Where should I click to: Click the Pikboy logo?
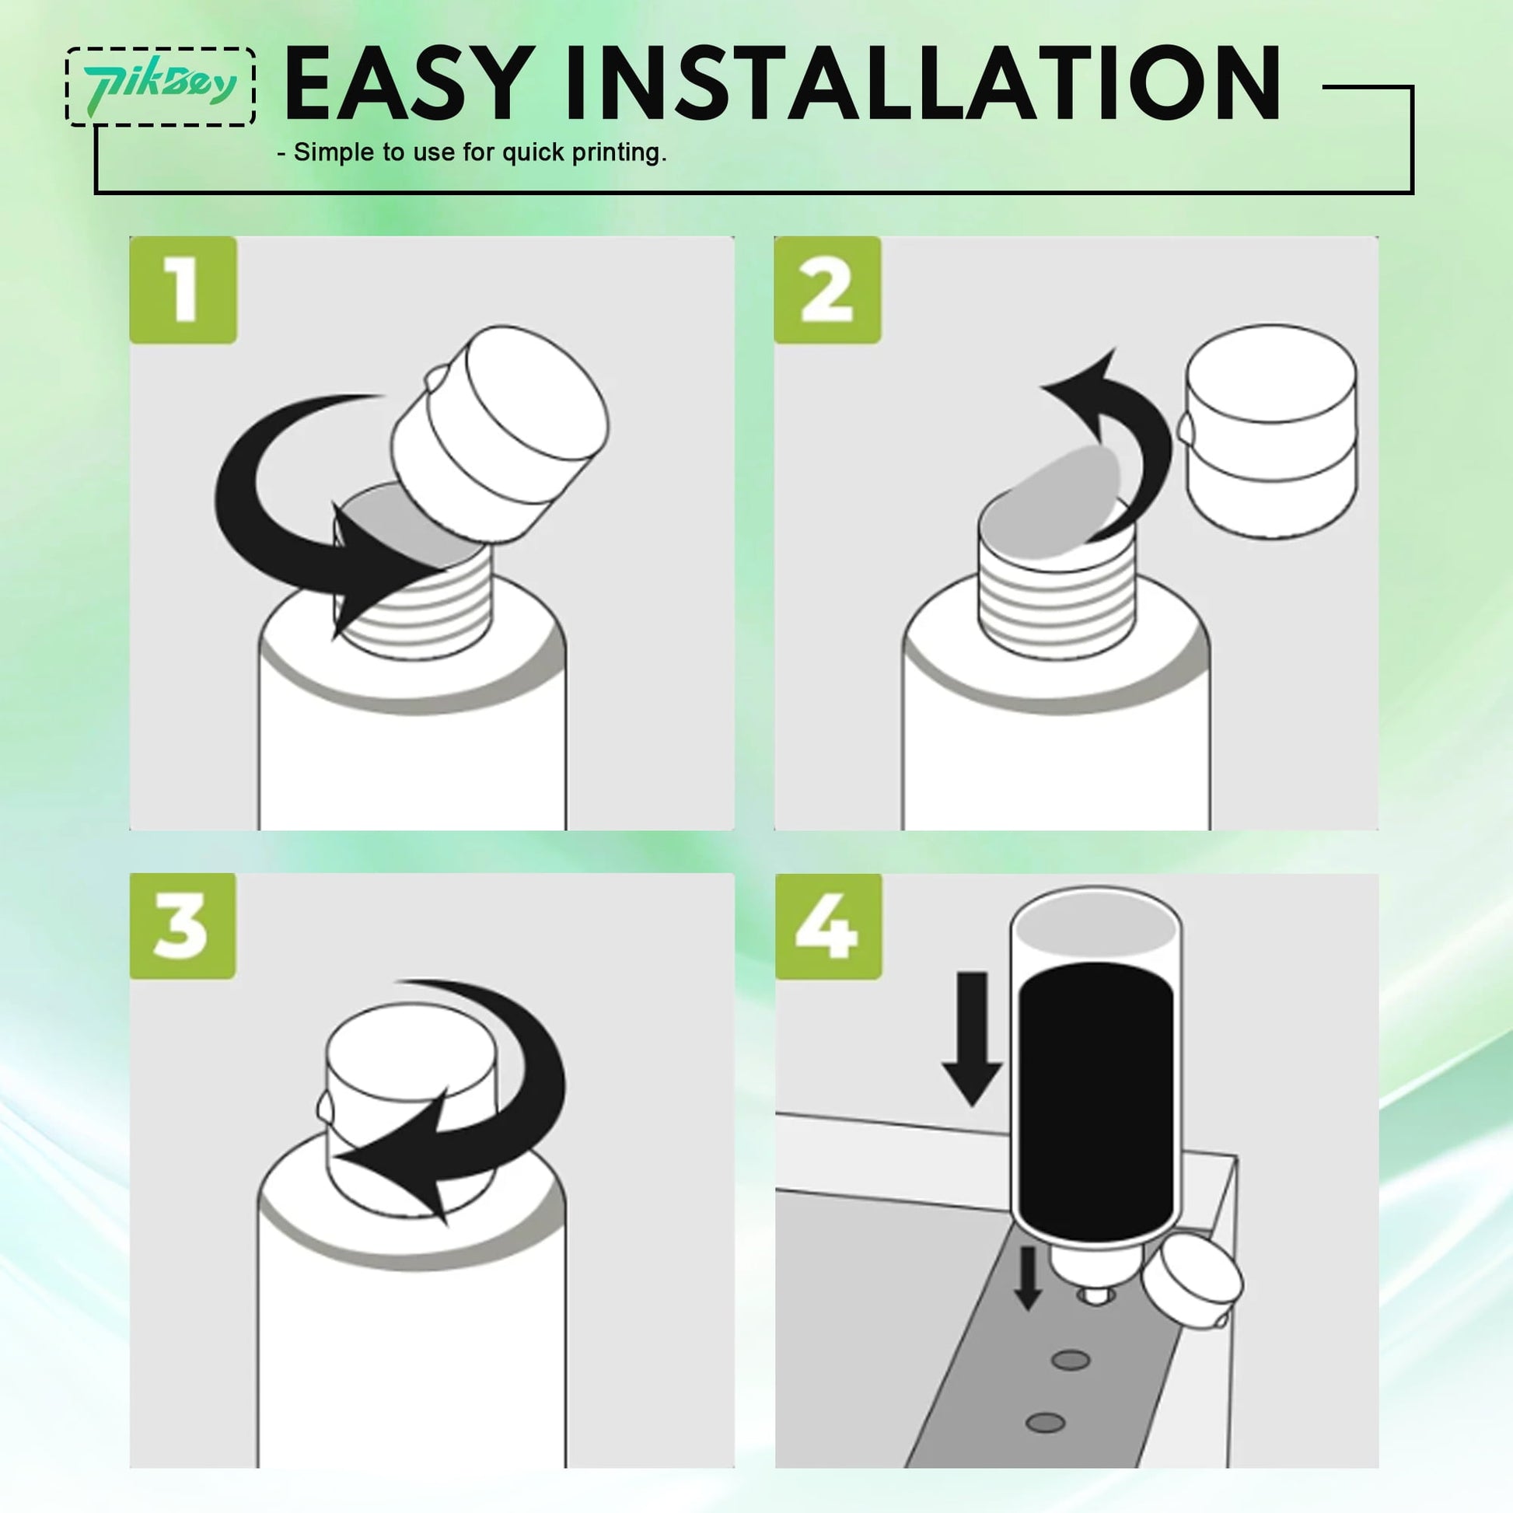click(x=160, y=86)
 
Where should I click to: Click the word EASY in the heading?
click(x=405, y=84)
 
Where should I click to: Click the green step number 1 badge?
click(x=183, y=290)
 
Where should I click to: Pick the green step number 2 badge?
click(x=828, y=290)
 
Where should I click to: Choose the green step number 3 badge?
click(x=183, y=926)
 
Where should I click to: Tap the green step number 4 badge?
click(x=829, y=926)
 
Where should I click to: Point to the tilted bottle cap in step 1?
click(x=499, y=433)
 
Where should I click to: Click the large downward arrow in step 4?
click(x=972, y=1039)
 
